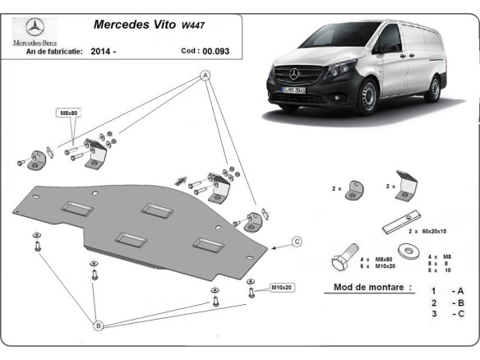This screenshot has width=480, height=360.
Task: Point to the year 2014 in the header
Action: (101, 51)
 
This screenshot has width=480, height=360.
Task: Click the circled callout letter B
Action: (98, 326)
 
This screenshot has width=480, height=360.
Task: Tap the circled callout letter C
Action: (297, 241)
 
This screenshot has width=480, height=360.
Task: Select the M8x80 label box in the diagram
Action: (68, 112)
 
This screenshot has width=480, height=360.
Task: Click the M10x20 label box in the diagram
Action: (281, 287)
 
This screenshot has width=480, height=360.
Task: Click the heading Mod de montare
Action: (368, 288)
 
